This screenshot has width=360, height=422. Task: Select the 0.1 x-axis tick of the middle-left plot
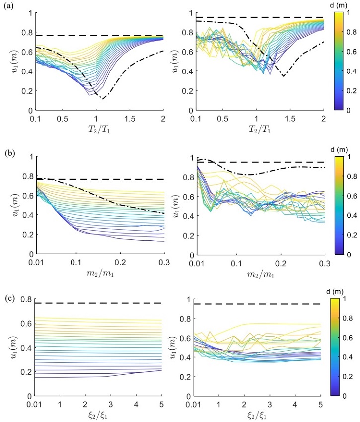click(x=76, y=263)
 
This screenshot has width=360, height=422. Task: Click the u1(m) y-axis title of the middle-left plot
click(x=14, y=205)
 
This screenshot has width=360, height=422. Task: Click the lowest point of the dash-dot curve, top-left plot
click(x=103, y=99)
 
